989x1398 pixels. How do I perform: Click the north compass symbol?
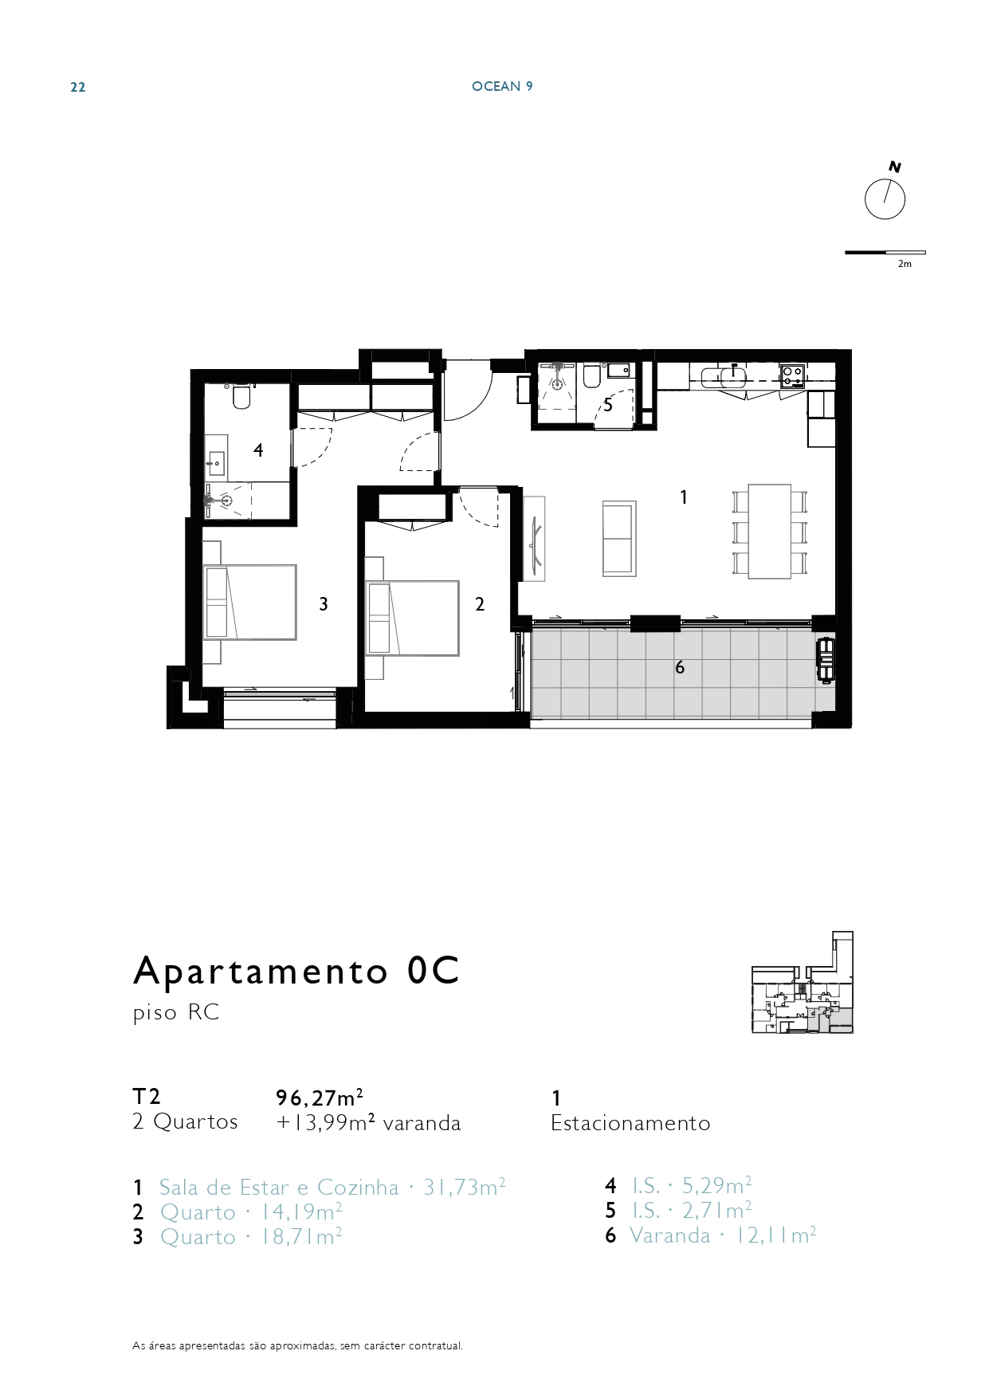(x=885, y=198)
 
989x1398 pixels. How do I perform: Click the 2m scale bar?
(x=885, y=253)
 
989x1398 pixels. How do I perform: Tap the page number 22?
(x=78, y=88)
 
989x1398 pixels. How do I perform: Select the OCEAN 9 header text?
(x=502, y=86)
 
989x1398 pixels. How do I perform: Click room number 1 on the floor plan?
(x=684, y=497)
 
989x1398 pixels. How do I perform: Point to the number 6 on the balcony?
(x=680, y=667)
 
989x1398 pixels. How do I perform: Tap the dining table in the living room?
(x=770, y=531)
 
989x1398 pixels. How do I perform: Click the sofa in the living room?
(x=619, y=538)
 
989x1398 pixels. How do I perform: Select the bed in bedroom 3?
(x=249, y=602)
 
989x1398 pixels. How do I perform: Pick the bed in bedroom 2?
(x=412, y=618)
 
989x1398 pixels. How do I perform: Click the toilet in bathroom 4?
(x=241, y=397)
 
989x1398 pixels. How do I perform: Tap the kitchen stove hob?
(x=792, y=375)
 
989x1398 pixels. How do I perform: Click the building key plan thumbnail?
(x=803, y=983)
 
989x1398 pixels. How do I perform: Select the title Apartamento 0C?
(x=296, y=970)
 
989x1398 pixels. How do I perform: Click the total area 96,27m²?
(x=320, y=1098)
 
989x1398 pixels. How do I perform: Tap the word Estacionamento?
(x=630, y=1123)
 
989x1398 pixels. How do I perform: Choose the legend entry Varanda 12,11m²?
(x=723, y=1235)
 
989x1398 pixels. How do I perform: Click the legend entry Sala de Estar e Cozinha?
(x=279, y=1188)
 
